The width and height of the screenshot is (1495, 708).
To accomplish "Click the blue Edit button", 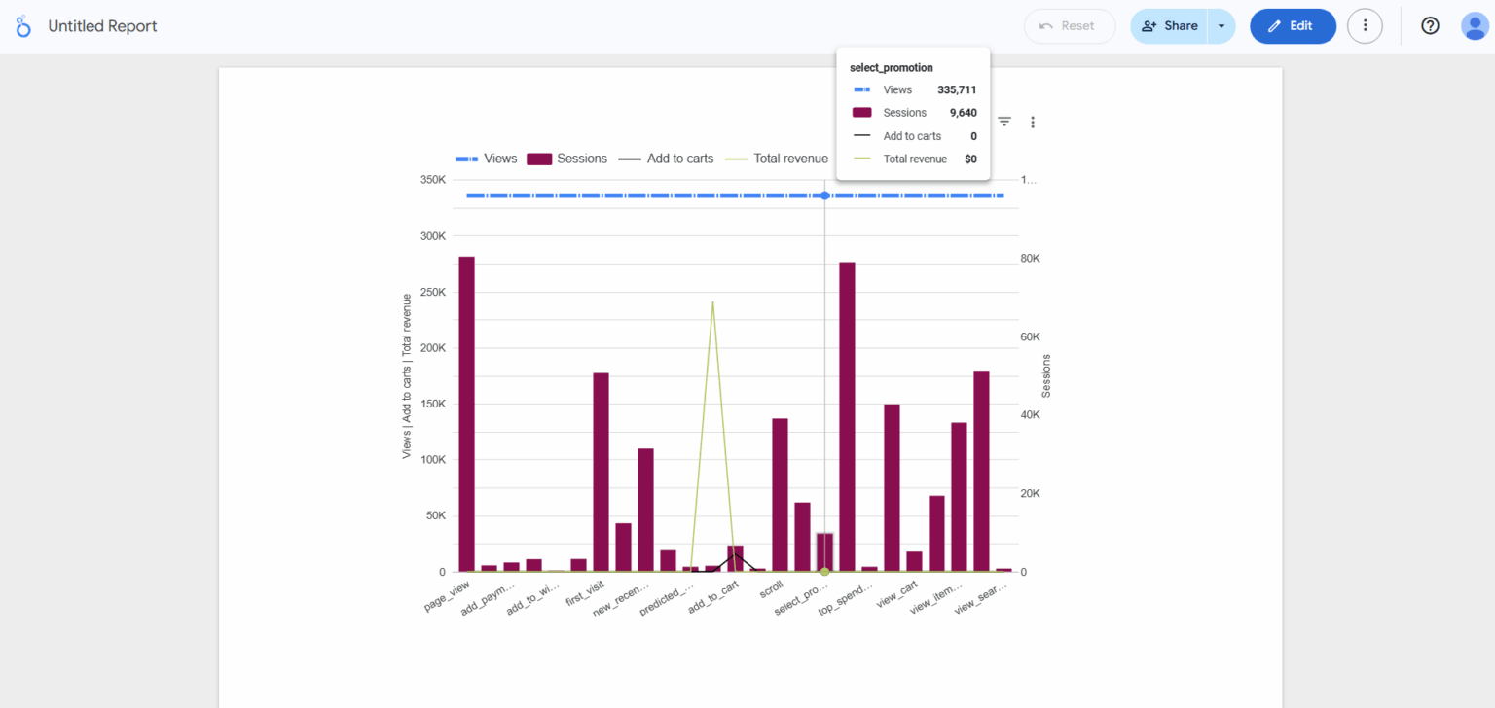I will coord(1293,26).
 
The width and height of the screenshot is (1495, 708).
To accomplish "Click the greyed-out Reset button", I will coord(1069,26).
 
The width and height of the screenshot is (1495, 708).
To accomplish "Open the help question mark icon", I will coord(1430,26).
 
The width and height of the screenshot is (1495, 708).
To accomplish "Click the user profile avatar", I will coord(1475,26).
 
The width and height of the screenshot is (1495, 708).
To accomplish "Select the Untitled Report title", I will coord(102,26).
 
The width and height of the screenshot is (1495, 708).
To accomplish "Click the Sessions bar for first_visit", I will coord(601,472).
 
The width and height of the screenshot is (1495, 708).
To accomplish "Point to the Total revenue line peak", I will coord(712,302).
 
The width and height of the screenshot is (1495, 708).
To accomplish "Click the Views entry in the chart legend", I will coord(487,159).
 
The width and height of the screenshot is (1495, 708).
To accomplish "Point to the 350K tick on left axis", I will coord(432,180).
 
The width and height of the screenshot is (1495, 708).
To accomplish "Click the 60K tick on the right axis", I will coord(1030,336).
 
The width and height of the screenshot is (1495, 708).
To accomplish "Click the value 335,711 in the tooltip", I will coord(957,89).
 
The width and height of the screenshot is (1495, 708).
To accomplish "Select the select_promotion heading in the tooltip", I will coord(892,67).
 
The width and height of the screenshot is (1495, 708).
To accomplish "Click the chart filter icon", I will coord(1004,122).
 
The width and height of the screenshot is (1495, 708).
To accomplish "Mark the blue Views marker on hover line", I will coord(824,195).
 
